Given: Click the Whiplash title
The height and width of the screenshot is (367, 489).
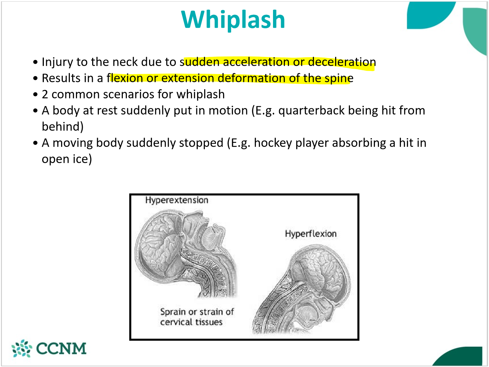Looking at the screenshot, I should pyautogui.click(x=233, y=20).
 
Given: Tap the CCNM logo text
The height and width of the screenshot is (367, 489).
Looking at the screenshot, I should pyautogui.click(x=61, y=349).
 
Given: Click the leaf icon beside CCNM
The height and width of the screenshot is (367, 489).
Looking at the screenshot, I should pyautogui.click(x=22, y=348).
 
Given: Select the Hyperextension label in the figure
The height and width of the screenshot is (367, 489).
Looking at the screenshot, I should pyautogui.click(x=176, y=200).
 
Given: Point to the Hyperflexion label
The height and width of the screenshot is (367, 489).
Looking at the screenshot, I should pyautogui.click(x=310, y=234).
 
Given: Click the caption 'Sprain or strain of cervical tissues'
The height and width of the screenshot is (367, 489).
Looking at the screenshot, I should pyautogui.click(x=196, y=317).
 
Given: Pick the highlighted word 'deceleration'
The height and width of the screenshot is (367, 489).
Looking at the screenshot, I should pyautogui.click(x=342, y=62).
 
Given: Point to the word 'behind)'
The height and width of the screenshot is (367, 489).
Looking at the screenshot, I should pyautogui.click(x=62, y=127).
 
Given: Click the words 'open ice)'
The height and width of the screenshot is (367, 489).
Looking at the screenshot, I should pyautogui.click(x=66, y=159).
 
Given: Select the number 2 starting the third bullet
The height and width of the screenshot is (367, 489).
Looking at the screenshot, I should pyautogui.click(x=45, y=94).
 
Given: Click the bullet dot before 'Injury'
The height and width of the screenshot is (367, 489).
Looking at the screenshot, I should pyautogui.click(x=35, y=62).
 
